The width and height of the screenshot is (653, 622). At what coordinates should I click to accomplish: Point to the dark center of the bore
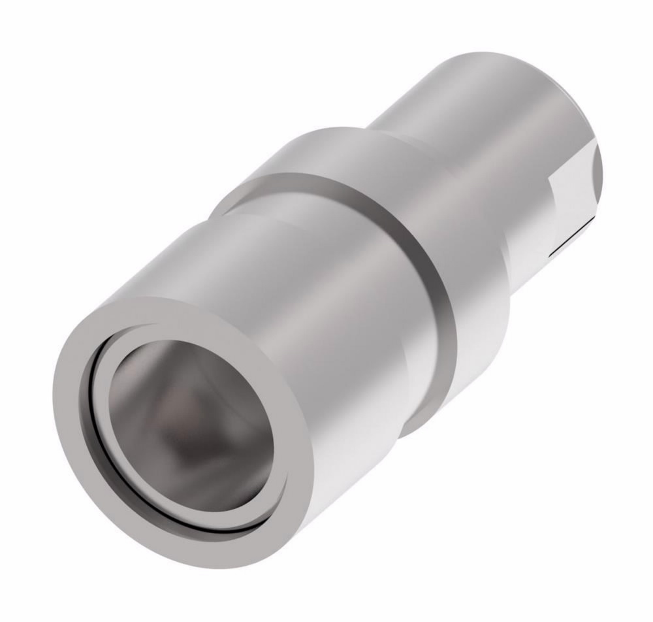click(196, 431)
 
